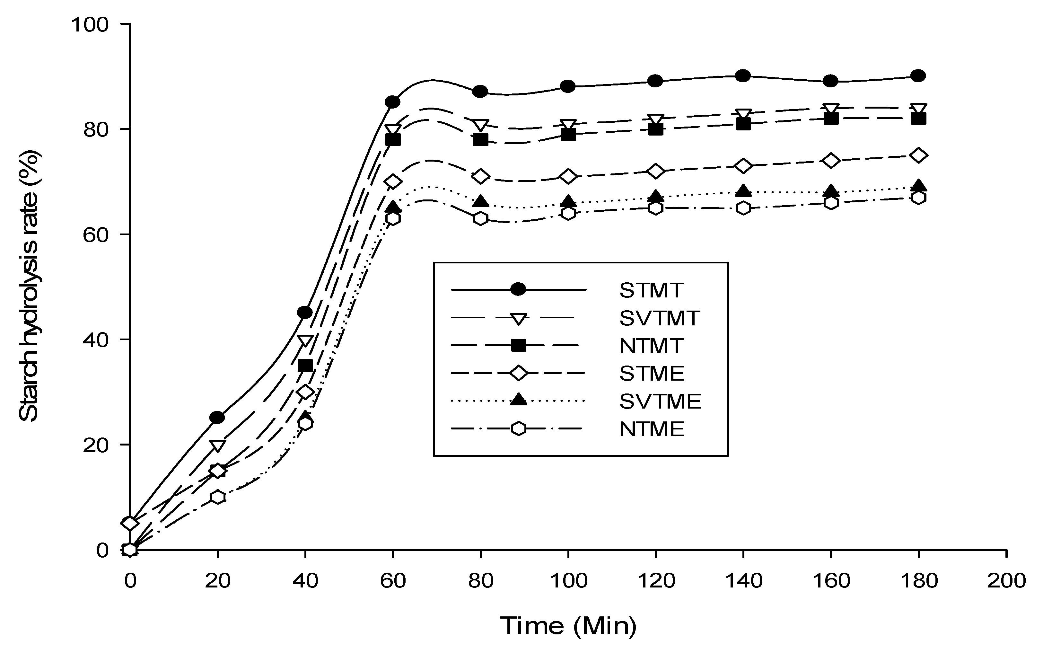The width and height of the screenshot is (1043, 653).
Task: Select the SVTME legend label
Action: tap(660, 401)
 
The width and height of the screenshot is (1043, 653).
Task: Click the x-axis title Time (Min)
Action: tap(568, 625)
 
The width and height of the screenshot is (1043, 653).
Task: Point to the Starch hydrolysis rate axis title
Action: tap(29, 286)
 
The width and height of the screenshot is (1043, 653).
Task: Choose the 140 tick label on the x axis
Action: tap(743, 581)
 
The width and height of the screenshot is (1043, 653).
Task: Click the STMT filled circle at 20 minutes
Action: tap(217, 417)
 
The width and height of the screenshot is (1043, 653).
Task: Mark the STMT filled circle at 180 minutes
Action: tap(918, 75)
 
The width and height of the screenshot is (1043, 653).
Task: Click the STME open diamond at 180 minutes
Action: tap(918, 155)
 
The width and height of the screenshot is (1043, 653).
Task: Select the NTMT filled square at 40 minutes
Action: tap(305, 366)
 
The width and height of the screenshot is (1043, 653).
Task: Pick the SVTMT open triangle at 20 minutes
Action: tap(217, 445)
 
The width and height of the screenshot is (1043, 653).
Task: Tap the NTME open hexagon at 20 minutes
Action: tap(217, 497)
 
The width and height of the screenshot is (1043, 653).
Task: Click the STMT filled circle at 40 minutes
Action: tap(305, 312)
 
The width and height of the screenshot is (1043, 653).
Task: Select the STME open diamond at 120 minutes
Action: tap(655, 172)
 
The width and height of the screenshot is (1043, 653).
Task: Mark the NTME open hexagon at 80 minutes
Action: tap(480, 218)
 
